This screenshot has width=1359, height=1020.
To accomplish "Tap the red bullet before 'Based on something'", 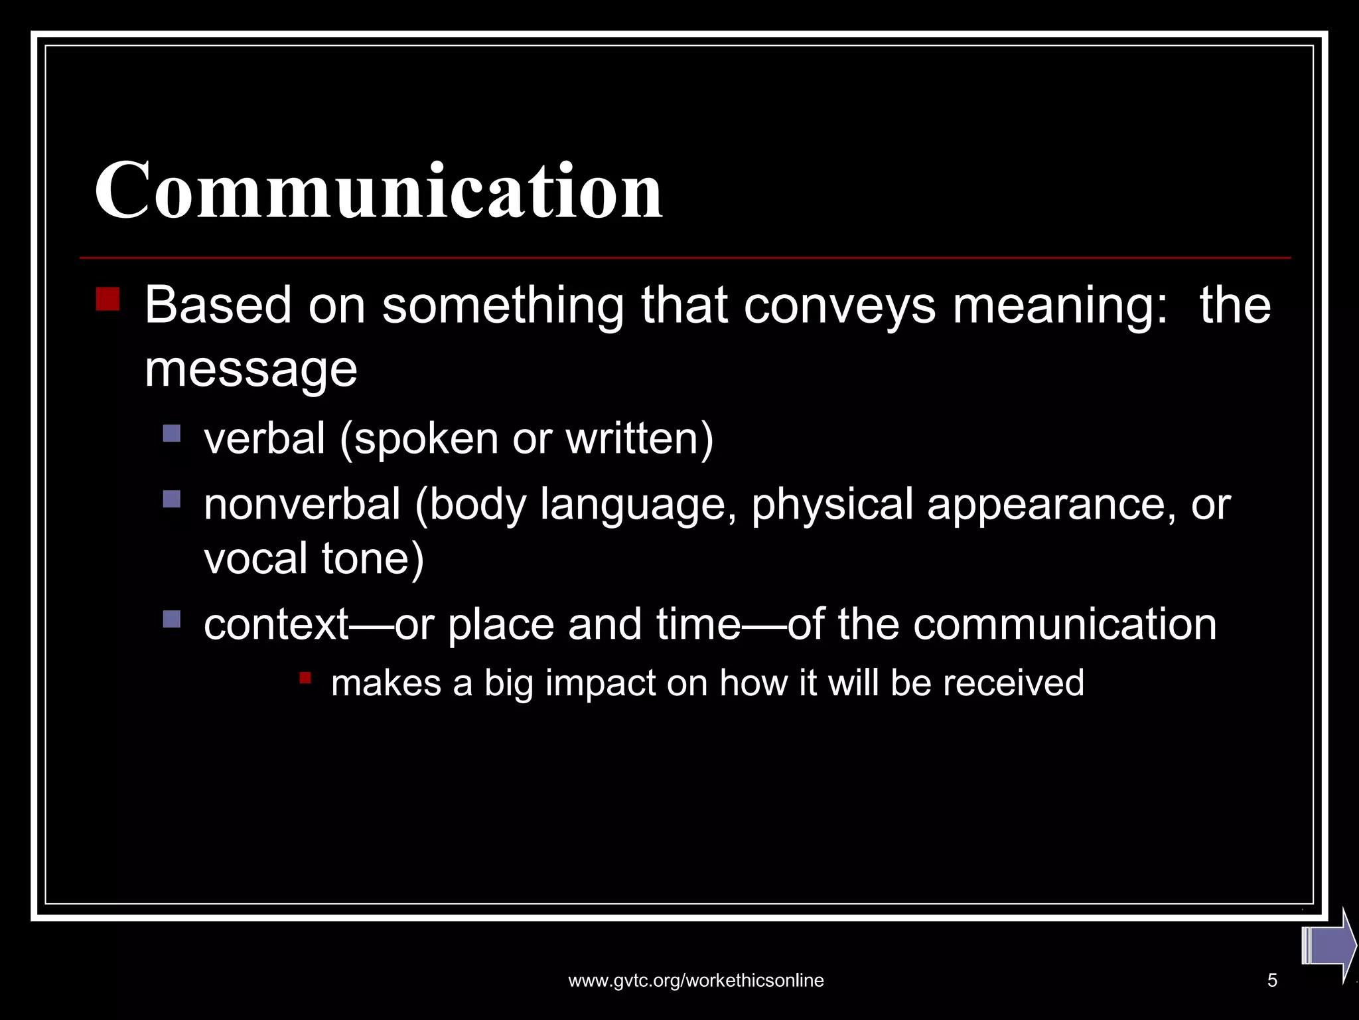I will click(107, 299).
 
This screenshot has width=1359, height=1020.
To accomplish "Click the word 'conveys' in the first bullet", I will click(839, 305).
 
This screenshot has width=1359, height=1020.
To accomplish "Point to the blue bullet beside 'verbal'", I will click(172, 434).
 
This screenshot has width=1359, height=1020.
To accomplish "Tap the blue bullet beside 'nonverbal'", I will click(172, 499).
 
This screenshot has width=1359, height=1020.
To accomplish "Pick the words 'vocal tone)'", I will click(313, 558).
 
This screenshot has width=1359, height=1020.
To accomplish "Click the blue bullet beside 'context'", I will click(172, 620).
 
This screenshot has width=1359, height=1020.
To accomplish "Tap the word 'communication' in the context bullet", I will click(1064, 624).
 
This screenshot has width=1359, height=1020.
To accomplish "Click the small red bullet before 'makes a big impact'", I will click(305, 678).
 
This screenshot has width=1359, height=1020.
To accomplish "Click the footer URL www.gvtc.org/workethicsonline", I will click(696, 980).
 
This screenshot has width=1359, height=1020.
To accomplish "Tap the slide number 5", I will click(1272, 980).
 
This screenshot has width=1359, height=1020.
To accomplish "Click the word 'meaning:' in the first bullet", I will click(1060, 305).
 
